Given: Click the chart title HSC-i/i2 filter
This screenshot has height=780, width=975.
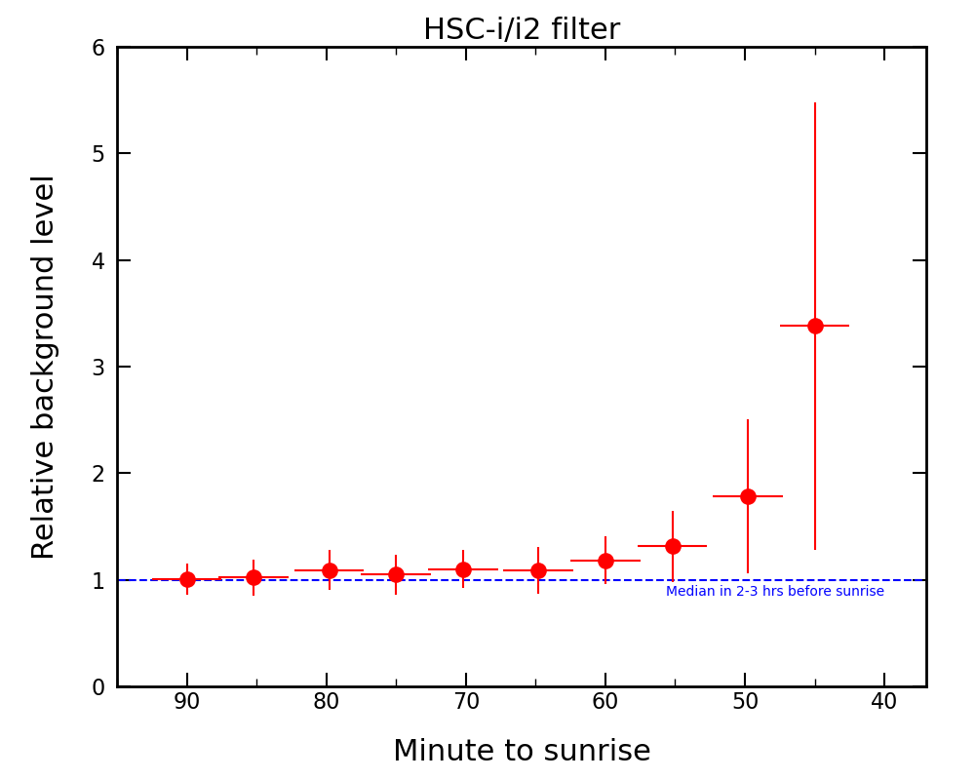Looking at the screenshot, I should pyautogui.click(x=521, y=30).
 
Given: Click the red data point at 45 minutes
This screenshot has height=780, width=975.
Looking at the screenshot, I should pyautogui.click(x=815, y=326).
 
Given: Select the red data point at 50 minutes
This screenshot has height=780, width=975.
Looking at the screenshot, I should pyautogui.click(x=748, y=496).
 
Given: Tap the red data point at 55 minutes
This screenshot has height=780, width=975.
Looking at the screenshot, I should pyautogui.click(x=673, y=546).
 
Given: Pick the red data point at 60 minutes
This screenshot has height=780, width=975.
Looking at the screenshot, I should pyautogui.click(x=605, y=561).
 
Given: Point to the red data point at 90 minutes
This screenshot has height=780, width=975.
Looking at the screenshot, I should pyautogui.click(x=187, y=579).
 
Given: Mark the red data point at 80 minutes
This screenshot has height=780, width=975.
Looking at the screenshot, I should pyautogui.click(x=330, y=570).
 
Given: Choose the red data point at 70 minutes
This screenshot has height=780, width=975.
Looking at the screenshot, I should pyautogui.click(x=463, y=569).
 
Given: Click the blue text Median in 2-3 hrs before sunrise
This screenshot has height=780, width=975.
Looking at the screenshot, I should pyautogui.click(x=775, y=592).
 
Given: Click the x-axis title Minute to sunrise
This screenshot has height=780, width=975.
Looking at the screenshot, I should pyautogui.click(x=522, y=752).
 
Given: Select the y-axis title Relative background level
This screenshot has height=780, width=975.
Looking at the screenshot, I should pyautogui.click(x=44, y=367).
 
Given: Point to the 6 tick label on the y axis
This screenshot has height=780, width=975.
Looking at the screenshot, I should pyautogui.click(x=98, y=48).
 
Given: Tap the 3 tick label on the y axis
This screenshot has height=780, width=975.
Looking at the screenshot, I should pyautogui.click(x=98, y=368).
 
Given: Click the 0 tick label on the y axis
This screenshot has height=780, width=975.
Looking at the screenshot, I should pyautogui.click(x=98, y=687).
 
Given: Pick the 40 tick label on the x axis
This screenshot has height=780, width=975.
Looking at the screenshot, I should pyautogui.click(x=884, y=702).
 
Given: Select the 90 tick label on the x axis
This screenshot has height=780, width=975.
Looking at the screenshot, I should pyautogui.click(x=187, y=702).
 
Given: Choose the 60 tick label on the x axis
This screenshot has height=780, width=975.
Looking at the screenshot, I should pyautogui.click(x=605, y=702).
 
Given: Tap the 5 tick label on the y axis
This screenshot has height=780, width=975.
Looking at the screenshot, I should pyautogui.click(x=98, y=154).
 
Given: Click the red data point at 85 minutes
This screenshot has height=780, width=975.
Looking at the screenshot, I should pyautogui.click(x=253, y=577).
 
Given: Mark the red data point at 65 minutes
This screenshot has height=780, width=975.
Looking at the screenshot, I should pyautogui.click(x=538, y=570).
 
